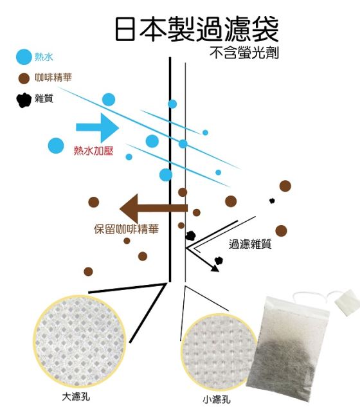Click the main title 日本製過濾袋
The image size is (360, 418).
197,29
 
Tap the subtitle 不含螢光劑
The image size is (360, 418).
244,53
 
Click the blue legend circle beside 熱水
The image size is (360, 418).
24,57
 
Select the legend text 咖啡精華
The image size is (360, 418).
53,78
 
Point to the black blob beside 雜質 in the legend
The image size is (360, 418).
24,100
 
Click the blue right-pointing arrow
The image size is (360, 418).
97,127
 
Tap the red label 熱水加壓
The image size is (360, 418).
93,151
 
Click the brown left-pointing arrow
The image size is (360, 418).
154,208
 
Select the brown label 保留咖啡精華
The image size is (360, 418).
127,229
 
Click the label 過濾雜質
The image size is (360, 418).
250,244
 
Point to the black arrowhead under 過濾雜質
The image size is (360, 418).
215,268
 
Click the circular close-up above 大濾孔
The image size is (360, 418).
79,341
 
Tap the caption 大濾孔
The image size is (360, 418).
76,397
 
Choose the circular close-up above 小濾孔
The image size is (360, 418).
218,352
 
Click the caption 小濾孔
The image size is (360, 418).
217,399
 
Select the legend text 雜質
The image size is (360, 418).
44,98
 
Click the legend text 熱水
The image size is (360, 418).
44,57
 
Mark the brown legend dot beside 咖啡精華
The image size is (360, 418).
24,78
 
